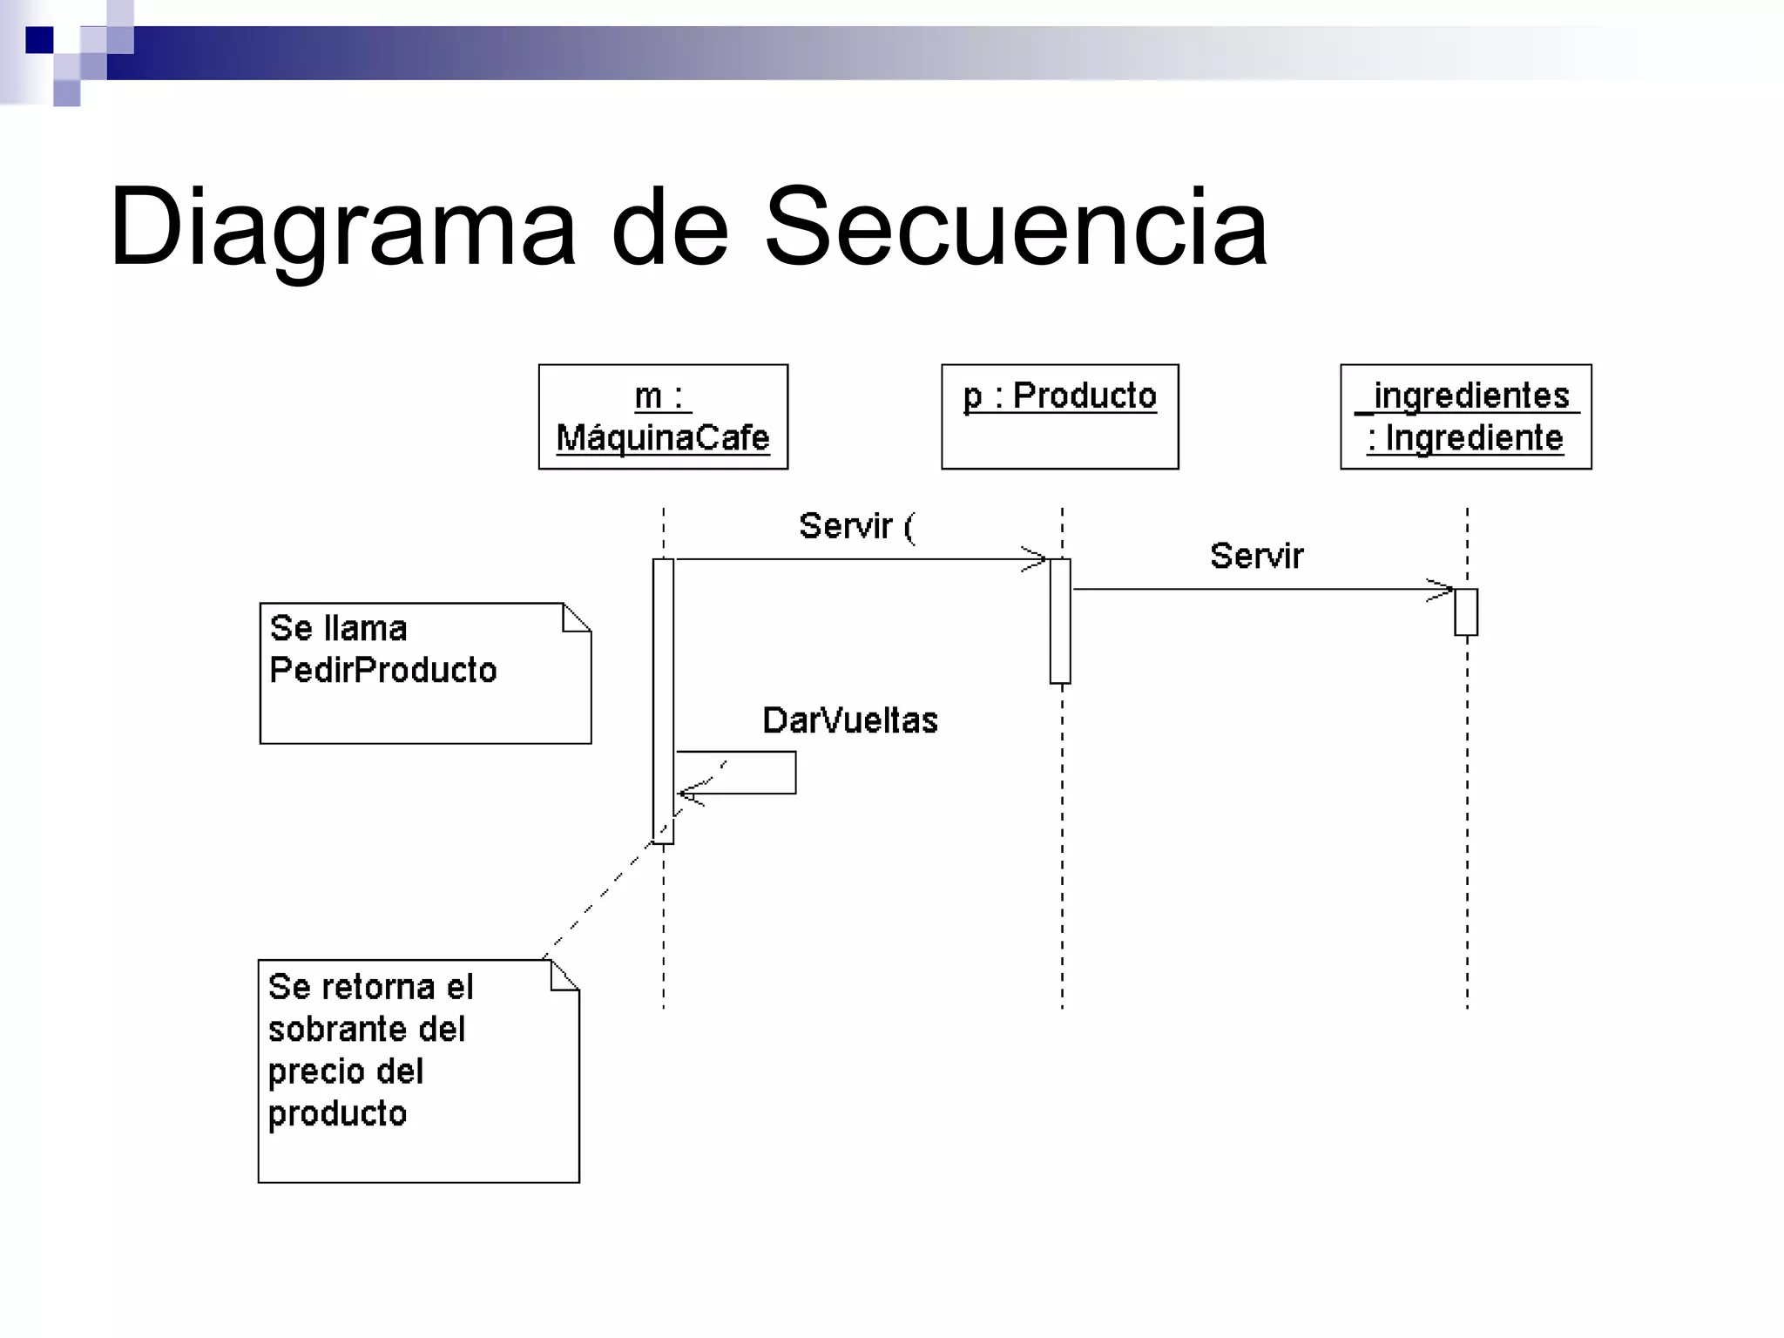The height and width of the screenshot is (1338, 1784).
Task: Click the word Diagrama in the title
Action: point(341,228)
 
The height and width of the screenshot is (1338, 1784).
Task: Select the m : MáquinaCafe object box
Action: point(663,416)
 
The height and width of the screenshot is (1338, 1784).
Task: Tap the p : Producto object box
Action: point(1059,416)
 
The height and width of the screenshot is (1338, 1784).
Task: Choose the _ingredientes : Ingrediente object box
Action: point(1465,416)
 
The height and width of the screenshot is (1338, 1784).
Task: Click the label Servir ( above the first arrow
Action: point(856,526)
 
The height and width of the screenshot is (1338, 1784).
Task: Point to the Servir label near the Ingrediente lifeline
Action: point(1256,556)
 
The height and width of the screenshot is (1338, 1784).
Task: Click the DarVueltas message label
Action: point(849,720)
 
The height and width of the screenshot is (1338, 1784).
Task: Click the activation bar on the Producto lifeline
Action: point(1060,620)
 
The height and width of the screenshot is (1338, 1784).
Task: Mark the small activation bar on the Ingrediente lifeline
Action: point(1465,612)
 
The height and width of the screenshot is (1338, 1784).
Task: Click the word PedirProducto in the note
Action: point(382,670)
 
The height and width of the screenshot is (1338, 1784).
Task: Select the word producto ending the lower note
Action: point(337,1113)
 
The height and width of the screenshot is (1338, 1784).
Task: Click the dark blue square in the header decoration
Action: point(39,40)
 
